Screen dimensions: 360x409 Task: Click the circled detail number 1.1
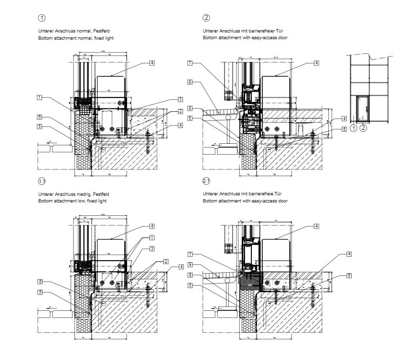tap(42, 181)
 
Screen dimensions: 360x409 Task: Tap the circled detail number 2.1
tap(206, 181)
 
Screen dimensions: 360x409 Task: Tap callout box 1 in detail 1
tap(39, 97)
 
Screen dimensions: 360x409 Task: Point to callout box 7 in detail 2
tap(190, 63)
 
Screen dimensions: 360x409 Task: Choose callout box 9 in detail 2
tap(190, 82)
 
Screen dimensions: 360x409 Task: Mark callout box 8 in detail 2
tap(190, 108)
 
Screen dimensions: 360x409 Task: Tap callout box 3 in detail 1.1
tap(152, 249)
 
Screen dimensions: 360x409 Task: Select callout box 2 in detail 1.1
tap(166, 261)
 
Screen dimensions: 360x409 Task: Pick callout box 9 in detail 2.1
tap(190, 265)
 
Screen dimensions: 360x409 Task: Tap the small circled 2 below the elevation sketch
tap(363, 128)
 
